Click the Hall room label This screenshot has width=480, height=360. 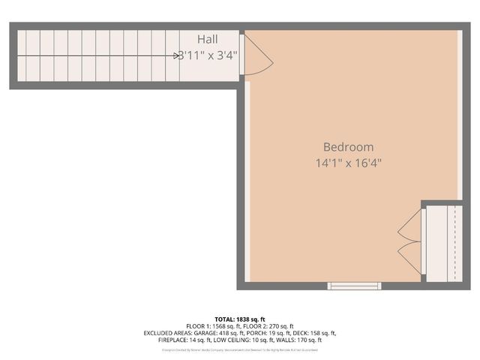tap(208, 39)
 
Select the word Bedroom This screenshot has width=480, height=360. tap(348, 147)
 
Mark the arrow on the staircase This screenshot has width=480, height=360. tap(177, 55)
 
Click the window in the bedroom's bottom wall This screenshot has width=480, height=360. tap(354, 286)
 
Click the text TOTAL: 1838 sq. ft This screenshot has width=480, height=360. tap(240, 319)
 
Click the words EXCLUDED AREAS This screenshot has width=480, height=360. tap(166, 333)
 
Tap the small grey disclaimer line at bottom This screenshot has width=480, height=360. tap(240, 349)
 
